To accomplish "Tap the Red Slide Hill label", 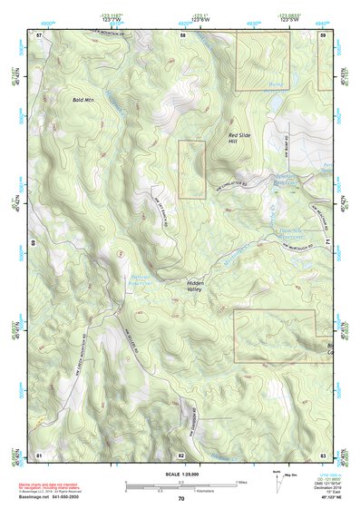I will pos(238,138).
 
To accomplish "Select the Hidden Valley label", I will pos(198,287).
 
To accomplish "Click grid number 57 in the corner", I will pos(39,34).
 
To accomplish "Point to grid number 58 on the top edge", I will pos(182,34).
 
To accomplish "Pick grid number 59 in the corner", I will pos(323,34).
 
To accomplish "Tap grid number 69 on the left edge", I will pos(35,244).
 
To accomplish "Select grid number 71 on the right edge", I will pos(327,244).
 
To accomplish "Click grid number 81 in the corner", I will pos(39,454).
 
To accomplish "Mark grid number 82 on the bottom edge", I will pos(181,454).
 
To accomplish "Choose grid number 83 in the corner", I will pos(323,454).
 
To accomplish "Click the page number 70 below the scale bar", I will pos(181,498).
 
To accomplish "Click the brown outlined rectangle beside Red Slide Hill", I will pos(191,169).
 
